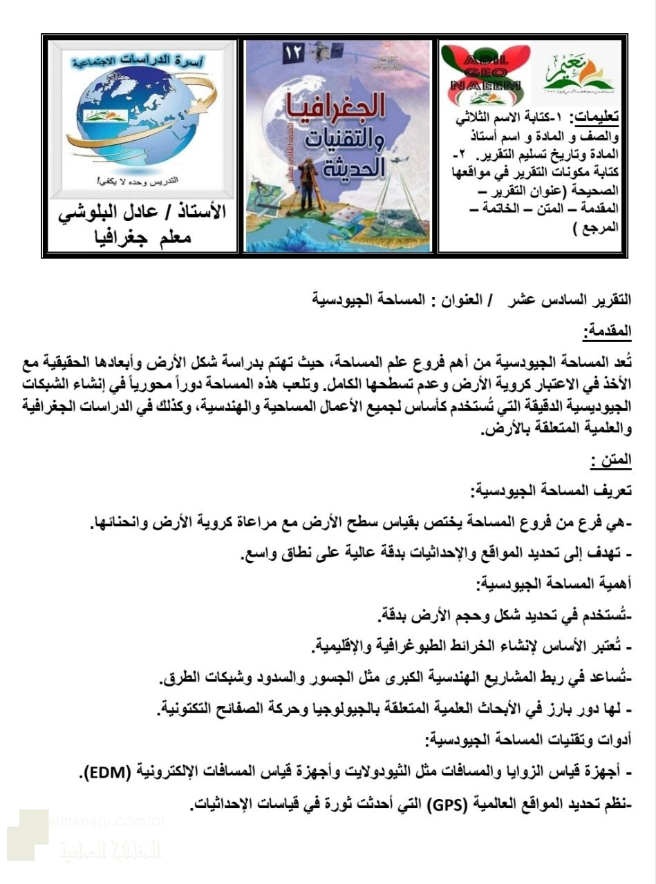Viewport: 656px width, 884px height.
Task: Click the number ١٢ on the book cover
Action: click(x=294, y=54)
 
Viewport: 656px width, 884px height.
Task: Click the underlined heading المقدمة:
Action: click(x=608, y=331)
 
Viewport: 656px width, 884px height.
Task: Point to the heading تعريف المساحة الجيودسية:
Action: click(x=550, y=491)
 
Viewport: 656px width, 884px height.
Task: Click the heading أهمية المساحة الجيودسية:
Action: click(x=553, y=584)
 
